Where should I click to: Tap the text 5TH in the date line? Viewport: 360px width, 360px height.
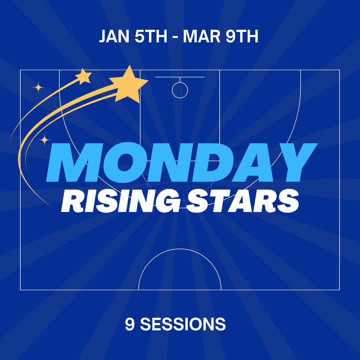(x=151, y=37)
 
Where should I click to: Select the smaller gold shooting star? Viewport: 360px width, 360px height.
(x=84, y=76)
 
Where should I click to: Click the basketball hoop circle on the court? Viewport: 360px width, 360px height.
(x=180, y=90)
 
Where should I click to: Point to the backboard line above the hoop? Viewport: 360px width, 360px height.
(x=180, y=77)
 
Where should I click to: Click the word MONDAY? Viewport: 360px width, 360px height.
(x=182, y=163)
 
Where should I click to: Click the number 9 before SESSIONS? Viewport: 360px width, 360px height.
(x=130, y=324)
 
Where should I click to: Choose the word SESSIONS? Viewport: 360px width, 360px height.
(x=183, y=324)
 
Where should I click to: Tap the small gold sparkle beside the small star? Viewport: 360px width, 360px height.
(x=38, y=88)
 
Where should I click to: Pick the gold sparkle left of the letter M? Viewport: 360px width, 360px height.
(x=44, y=140)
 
